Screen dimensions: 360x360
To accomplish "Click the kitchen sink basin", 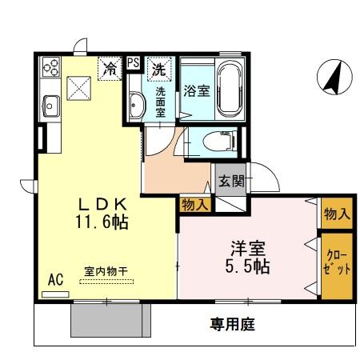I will coord(50,105).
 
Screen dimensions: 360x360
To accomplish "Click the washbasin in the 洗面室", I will coord(136,104).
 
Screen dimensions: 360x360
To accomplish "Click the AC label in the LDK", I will coord(55,280).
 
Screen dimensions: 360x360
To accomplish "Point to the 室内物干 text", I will coord(105,270).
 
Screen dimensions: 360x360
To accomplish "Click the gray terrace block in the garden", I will coord(110,321).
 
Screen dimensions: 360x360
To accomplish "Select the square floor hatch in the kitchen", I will coord(79,85).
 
